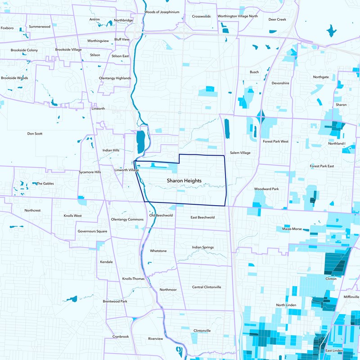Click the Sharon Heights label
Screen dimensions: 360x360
tap(184, 180)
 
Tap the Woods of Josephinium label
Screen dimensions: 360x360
tap(162, 12)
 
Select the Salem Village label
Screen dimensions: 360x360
tap(240, 153)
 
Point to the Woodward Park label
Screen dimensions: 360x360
tap(266, 189)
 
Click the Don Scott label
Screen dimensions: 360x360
tap(35, 134)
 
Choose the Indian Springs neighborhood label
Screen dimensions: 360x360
tap(202, 247)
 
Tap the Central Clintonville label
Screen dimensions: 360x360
tap(207, 287)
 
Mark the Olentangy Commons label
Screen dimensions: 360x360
tap(127, 220)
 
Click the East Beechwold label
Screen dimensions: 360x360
tap(202, 217)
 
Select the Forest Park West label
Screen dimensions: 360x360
tap(275, 141)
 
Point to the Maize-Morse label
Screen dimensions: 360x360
tap(292, 229)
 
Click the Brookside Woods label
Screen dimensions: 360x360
tap(14, 78)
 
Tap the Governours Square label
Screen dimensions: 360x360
tap(92, 231)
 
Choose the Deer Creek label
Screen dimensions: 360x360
tap(277, 20)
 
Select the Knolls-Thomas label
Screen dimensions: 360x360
tap(134, 279)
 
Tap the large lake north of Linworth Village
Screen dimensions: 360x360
tap(140, 142)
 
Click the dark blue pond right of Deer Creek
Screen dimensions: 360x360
tap(332, 31)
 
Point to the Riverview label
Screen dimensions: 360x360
tap(157, 338)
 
